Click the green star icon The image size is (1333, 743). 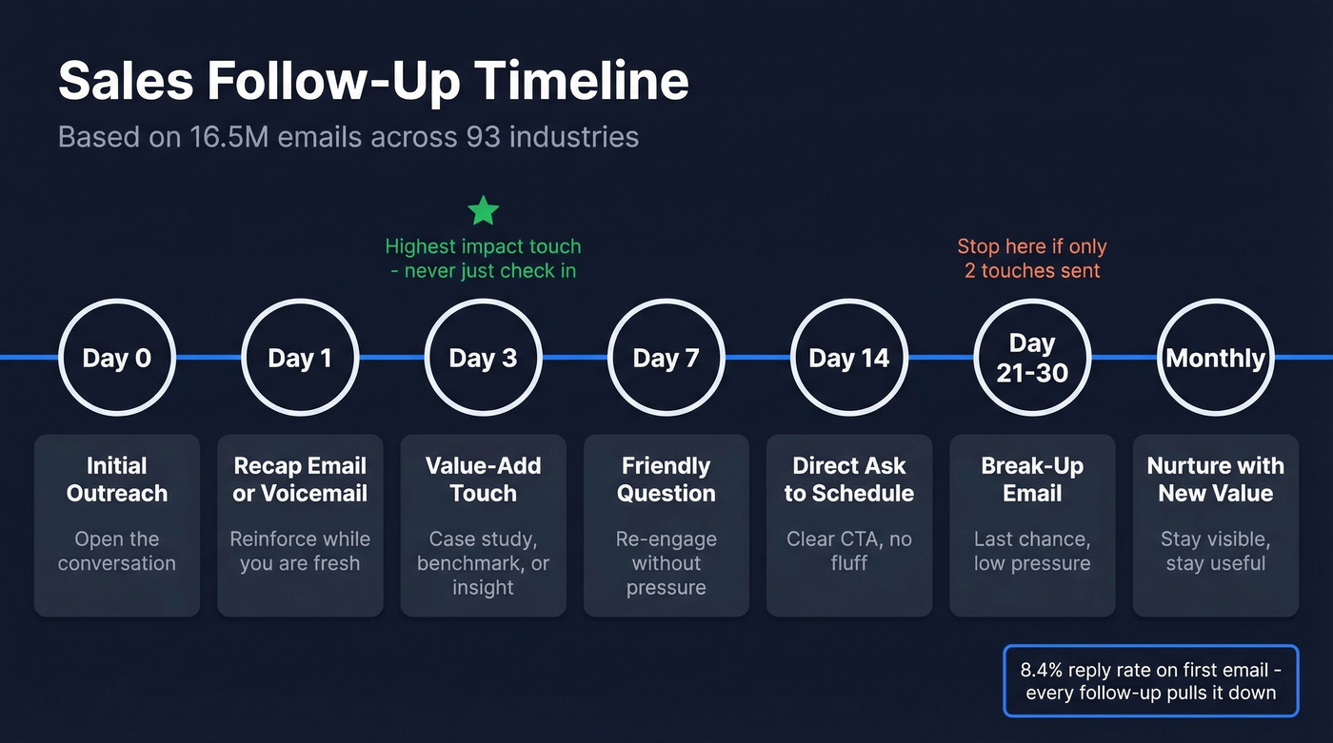click(x=484, y=210)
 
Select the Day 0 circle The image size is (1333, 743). click(x=117, y=358)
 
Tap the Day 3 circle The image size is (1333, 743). click(x=483, y=358)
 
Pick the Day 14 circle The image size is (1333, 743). click(x=848, y=358)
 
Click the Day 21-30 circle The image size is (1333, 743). click(x=1032, y=358)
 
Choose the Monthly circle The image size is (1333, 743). click(x=1215, y=358)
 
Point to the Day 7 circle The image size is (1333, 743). click(x=666, y=358)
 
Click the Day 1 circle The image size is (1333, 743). click(x=300, y=358)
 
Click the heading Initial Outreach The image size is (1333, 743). click(x=117, y=479)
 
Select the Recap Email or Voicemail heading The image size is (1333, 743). click(x=300, y=479)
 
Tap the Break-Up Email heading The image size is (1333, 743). click(x=1032, y=479)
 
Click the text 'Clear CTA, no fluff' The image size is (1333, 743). click(x=848, y=551)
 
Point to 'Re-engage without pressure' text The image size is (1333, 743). click(x=666, y=563)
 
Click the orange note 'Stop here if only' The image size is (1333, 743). click(x=1032, y=247)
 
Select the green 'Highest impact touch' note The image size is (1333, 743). click(x=483, y=247)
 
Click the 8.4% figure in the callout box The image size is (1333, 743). click(x=1043, y=669)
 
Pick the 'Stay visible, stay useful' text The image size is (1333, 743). click(x=1215, y=551)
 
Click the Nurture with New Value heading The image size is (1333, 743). click(x=1215, y=479)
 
